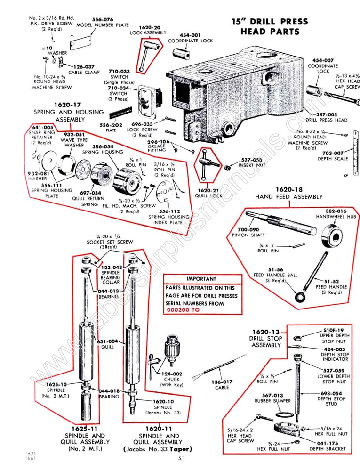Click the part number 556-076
102,19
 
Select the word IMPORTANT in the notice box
201,279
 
